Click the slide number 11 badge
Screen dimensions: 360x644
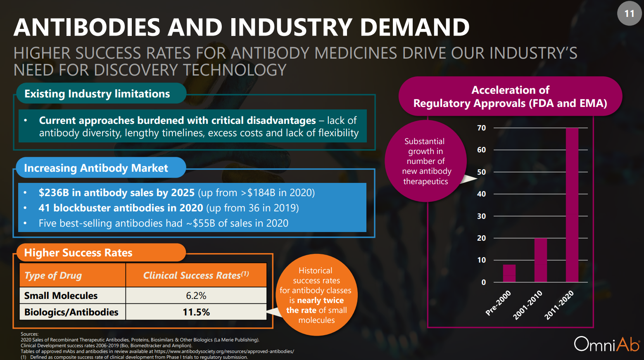629,14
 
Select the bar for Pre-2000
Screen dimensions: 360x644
509,273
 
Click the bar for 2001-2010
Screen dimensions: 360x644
540,260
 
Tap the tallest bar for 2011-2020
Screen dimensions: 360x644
572,205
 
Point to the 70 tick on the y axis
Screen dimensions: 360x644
482,128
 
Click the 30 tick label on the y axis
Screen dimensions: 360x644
482,216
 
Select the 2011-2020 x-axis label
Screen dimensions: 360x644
559,305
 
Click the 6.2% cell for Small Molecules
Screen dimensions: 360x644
196,296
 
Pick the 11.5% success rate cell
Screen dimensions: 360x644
196,312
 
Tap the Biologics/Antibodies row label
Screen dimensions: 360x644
71,312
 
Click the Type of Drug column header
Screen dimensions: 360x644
53,275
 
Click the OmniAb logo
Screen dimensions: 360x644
606,344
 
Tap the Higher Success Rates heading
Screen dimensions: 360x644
78,253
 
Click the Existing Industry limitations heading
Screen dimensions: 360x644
97,94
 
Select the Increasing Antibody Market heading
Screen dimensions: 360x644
96,168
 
